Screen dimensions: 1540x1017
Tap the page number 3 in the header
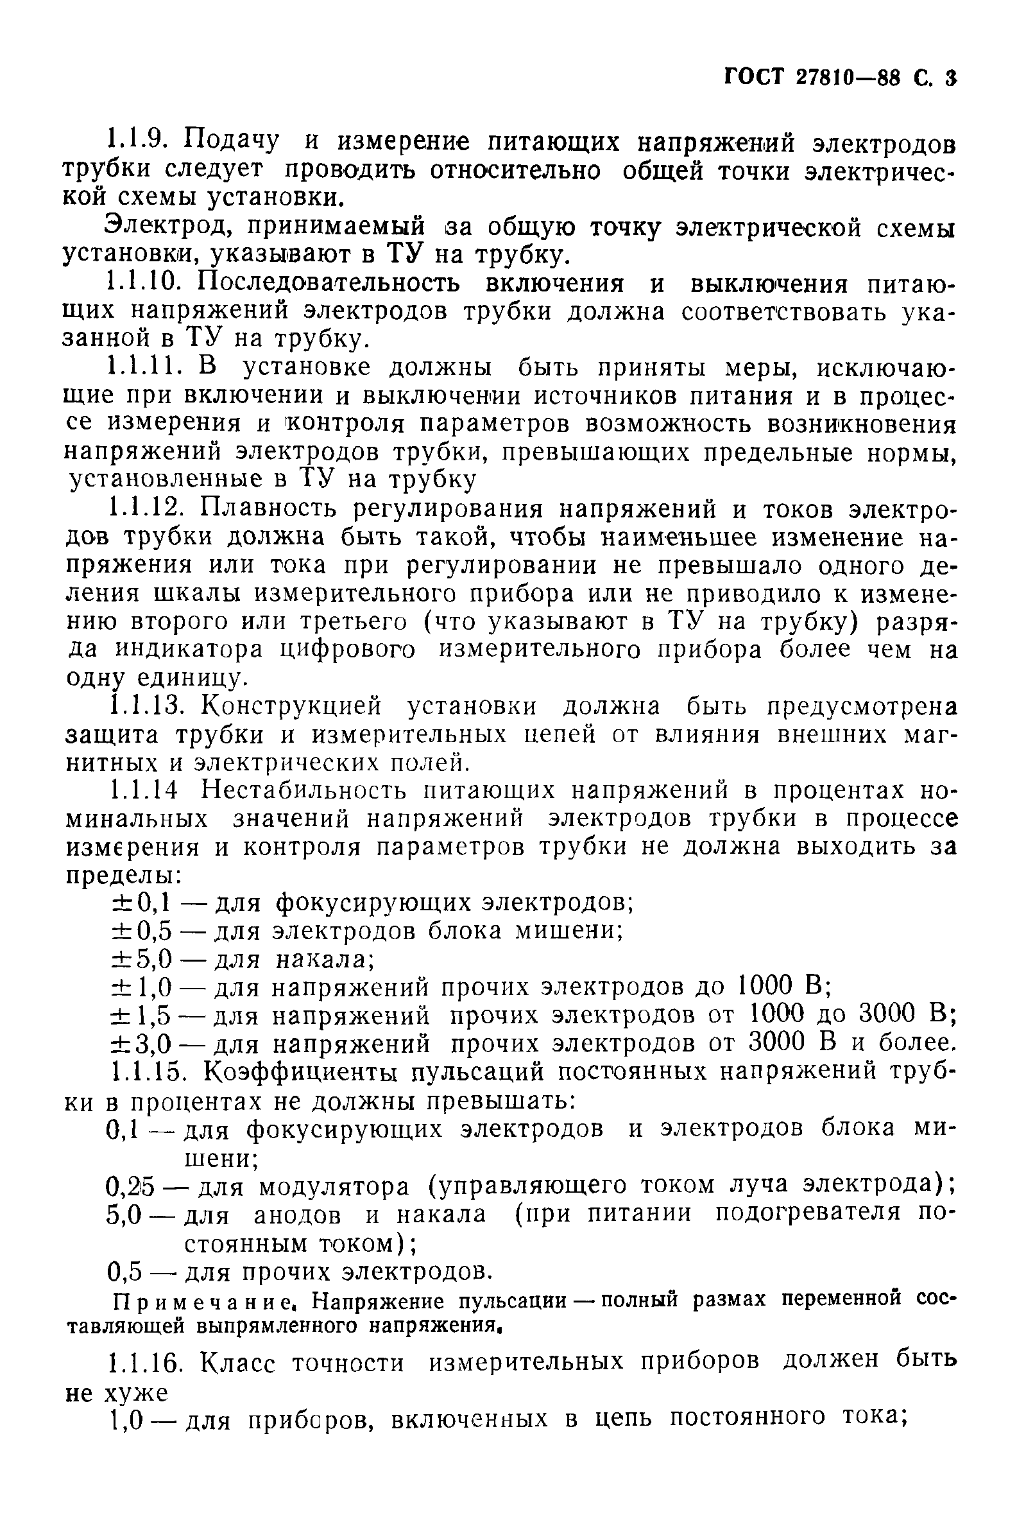point(951,78)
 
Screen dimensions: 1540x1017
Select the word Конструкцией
point(292,706)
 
